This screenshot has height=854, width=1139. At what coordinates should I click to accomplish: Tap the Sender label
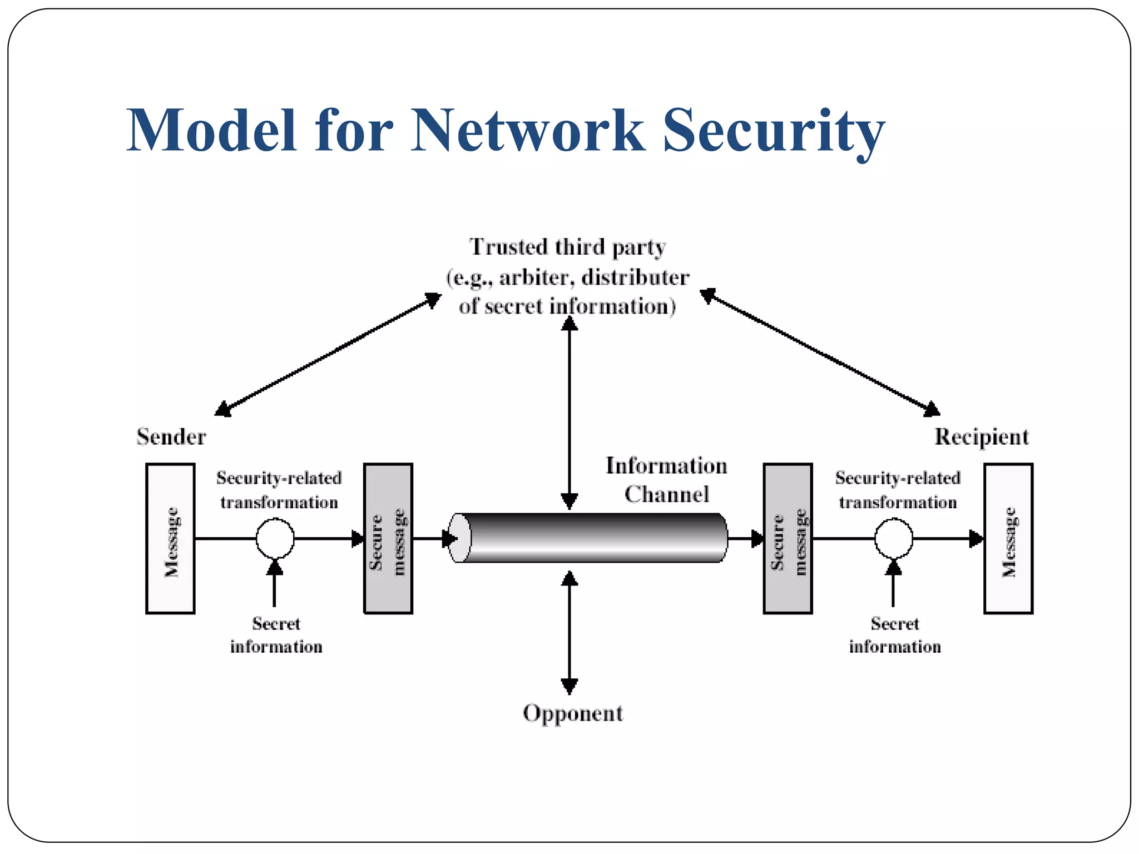point(171,437)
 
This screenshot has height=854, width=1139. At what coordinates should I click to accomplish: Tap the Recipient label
point(981,437)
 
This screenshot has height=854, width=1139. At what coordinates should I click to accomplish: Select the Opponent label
point(573,713)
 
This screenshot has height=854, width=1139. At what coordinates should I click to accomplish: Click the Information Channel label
point(666,480)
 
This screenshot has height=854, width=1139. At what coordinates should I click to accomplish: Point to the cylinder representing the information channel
point(590,538)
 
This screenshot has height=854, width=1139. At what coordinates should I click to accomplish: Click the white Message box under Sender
point(170,538)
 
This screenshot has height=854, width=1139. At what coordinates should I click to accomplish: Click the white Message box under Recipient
point(1008,538)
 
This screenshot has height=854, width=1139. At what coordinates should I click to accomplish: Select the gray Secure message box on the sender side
point(388,538)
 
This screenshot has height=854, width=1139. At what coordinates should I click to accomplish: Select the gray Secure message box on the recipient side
point(788,538)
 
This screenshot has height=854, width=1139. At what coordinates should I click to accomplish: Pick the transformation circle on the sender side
point(275,538)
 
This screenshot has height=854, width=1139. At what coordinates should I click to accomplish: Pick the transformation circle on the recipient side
point(893,538)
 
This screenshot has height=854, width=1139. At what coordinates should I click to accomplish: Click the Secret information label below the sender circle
point(276,635)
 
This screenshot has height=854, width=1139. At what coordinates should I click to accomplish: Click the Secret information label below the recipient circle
point(894,635)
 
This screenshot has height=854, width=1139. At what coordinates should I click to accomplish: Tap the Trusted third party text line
point(567,247)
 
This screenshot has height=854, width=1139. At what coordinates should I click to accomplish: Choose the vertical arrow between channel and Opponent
point(569,633)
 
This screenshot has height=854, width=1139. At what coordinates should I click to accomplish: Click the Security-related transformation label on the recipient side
point(898,490)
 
